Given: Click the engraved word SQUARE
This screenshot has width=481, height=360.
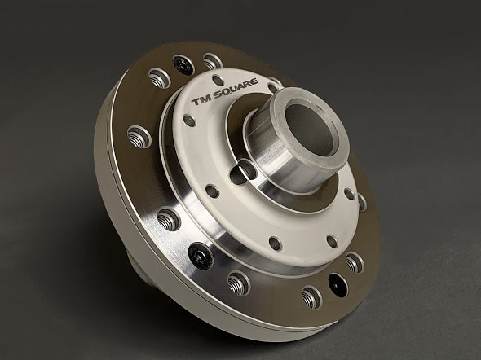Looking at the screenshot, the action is (236, 89).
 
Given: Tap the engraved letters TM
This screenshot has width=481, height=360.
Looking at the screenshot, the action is (201, 100).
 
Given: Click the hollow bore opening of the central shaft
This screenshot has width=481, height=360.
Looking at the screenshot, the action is (309, 129).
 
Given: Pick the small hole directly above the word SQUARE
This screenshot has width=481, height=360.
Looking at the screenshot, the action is (218, 81).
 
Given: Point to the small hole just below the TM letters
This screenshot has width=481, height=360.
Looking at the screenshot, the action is (190, 121).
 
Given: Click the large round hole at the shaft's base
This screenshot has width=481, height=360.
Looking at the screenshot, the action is (243, 172).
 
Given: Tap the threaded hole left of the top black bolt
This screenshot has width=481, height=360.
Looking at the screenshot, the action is (160, 78).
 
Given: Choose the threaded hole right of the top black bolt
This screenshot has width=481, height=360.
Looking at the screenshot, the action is (213, 62).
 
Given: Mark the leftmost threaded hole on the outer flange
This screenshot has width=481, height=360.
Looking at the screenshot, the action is (139, 137).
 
